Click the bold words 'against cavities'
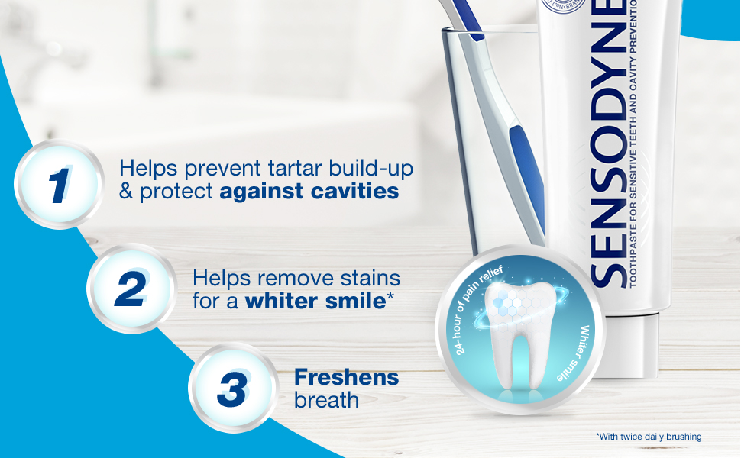[x=309, y=191]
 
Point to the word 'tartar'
[x=257, y=166]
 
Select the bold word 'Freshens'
[x=346, y=376]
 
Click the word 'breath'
[x=326, y=399]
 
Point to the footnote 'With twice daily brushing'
[x=649, y=437]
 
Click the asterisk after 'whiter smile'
[x=390, y=296]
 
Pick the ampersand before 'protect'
[x=127, y=191]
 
